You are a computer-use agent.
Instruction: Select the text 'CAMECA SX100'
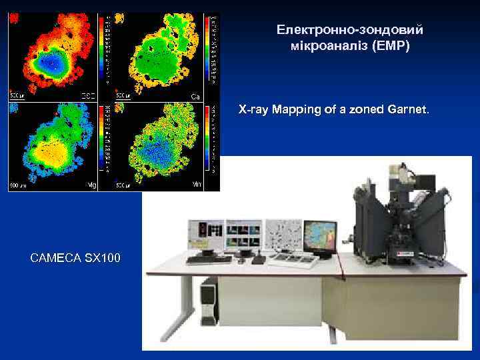pyautogui.click(x=75, y=257)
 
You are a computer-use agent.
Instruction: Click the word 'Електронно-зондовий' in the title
pyautogui.click(x=350, y=30)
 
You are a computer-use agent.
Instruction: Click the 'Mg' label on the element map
pyautogui.click(x=92, y=184)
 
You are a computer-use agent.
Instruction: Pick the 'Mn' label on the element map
pyautogui.click(x=197, y=184)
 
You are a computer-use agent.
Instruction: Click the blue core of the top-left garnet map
pyautogui.click(x=49, y=63)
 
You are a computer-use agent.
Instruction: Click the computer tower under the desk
pyautogui.click(x=209, y=303)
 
